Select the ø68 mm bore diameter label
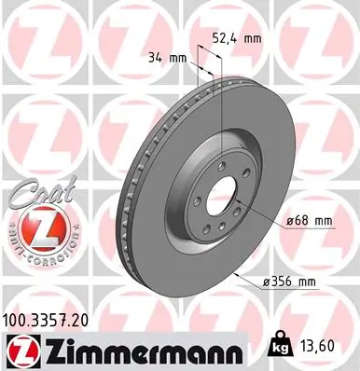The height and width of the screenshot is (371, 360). pos(309,220)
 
